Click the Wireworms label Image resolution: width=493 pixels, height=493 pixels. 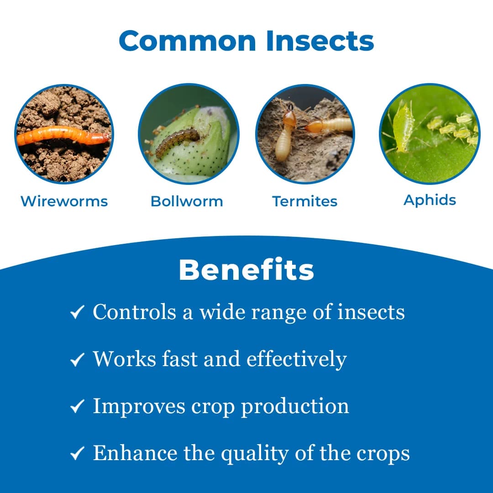pos(64,201)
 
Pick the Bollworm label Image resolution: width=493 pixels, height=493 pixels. pos(187,201)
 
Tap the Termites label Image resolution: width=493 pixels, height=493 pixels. pos(304,201)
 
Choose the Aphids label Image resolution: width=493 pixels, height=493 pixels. pos(430,200)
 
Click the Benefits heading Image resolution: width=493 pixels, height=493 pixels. pos(246,270)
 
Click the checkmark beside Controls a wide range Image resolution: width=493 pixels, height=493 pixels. pos(77,313)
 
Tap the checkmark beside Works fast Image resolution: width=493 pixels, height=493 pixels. pos(77,360)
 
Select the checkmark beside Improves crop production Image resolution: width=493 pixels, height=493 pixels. pos(77,407)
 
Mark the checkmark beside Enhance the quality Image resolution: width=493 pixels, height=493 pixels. pos(77,454)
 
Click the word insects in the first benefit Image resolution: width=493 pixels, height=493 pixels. pos(371,312)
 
